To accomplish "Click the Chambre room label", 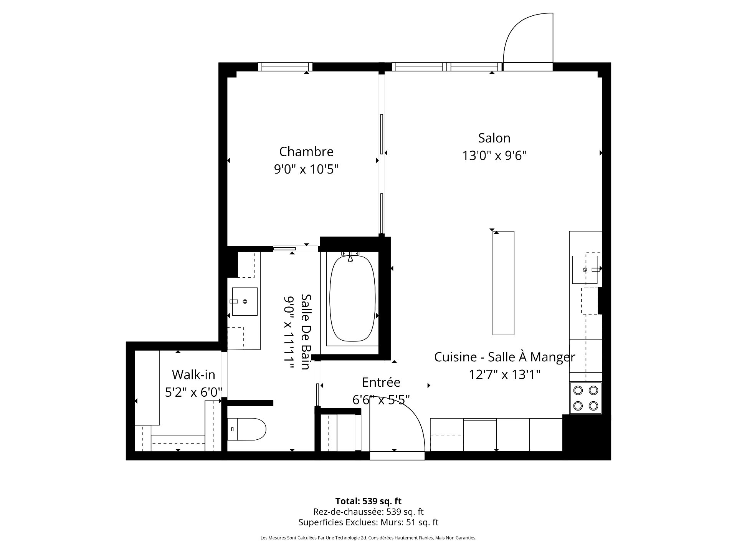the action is pyautogui.click(x=306, y=152).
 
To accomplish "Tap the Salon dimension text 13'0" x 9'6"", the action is pyautogui.click(x=494, y=156).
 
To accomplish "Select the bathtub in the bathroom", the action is pyautogui.click(x=352, y=298).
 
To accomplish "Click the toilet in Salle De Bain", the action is pyautogui.click(x=247, y=429).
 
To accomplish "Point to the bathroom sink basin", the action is pyautogui.click(x=245, y=301).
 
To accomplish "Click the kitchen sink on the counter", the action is pyautogui.click(x=585, y=270).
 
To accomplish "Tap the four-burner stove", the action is pyautogui.click(x=586, y=398).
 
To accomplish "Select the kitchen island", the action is pyautogui.click(x=503, y=283).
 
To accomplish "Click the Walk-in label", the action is pyautogui.click(x=193, y=374).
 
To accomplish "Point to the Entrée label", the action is pyautogui.click(x=381, y=382).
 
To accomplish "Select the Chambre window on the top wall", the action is pyautogui.click(x=285, y=67).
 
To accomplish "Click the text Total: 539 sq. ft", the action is pyautogui.click(x=368, y=501).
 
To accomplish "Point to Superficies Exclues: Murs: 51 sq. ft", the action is pyautogui.click(x=368, y=522).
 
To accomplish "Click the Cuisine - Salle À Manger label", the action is pyautogui.click(x=504, y=357).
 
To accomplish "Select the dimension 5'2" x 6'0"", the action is pyautogui.click(x=193, y=392).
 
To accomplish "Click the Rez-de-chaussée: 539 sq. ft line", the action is pyautogui.click(x=368, y=512).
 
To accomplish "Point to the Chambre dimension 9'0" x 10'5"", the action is pyautogui.click(x=306, y=169).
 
